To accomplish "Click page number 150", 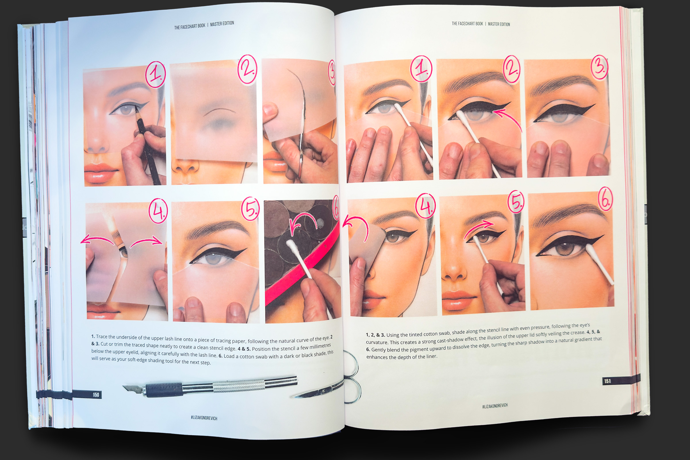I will [x=96, y=394].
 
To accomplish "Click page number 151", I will [x=607, y=381].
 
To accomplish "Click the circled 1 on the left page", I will [x=156, y=74].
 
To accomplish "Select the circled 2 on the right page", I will [x=511, y=69].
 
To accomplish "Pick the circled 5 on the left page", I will [x=250, y=209].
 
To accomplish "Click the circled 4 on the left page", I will [x=158, y=211].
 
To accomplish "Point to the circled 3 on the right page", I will [x=599, y=67].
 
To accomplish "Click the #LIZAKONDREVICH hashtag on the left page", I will [x=204, y=418].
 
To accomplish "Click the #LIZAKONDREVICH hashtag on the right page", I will [x=494, y=406].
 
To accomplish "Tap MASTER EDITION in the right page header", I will [x=499, y=24].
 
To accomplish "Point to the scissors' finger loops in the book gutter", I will [x=352, y=378].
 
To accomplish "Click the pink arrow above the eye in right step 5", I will [x=480, y=227].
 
